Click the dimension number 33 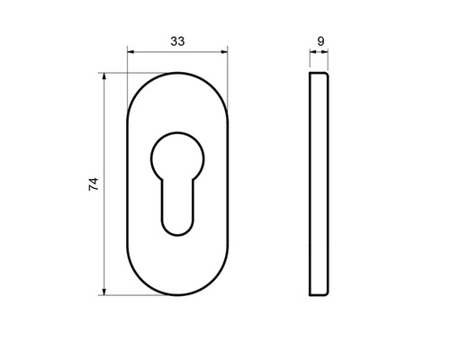(177, 41)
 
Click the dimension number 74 (94, 184)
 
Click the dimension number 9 (320, 41)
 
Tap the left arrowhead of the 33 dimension (130, 52)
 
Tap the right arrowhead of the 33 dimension (224, 52)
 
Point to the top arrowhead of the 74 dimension (104, 76)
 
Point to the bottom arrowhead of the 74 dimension (104, 292)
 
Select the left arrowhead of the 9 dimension (313, 52)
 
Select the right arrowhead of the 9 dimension (325, 52)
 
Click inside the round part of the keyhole (177, 158)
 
